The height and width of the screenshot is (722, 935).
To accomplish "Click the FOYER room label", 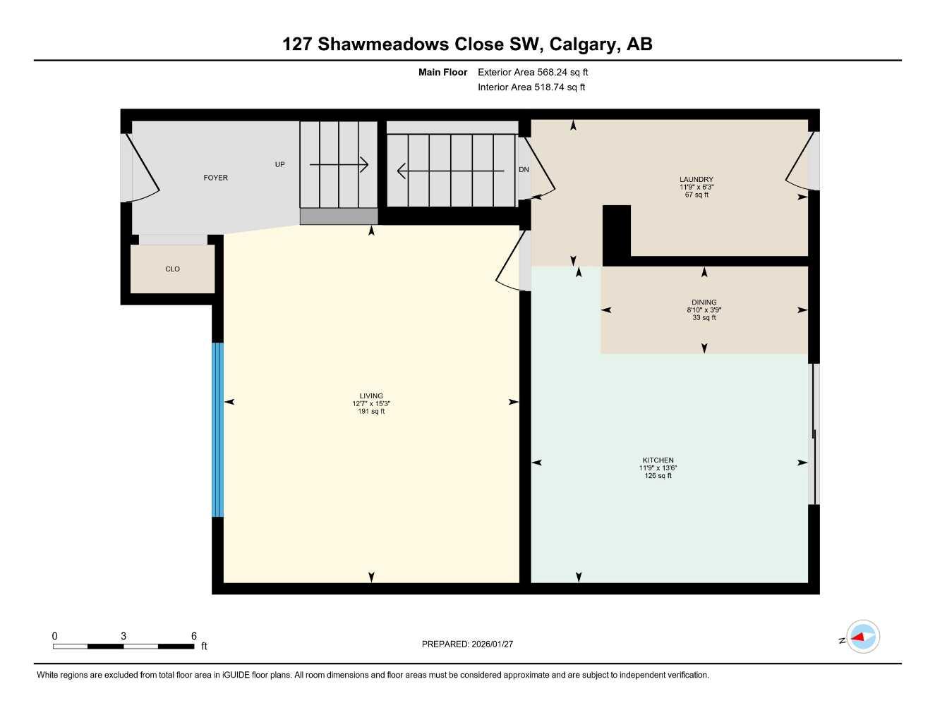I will (215, 178).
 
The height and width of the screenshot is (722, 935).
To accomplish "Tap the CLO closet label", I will (172, 269).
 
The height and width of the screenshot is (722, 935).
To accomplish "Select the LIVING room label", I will (371, 396).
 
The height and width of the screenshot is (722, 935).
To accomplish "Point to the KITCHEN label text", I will (658, 460).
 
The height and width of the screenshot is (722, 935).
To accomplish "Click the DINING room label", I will (704, 302).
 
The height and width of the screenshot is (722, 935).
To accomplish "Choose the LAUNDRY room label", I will (696, 180).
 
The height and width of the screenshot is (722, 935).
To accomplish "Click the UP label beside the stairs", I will (279, 164).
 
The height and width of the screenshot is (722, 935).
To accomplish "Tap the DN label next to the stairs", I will (524, 170).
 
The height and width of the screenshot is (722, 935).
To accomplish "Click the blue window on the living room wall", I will (218, 429).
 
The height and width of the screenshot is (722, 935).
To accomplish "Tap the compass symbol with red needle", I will (862, 637).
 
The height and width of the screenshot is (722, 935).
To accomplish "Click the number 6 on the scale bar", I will (194, 636).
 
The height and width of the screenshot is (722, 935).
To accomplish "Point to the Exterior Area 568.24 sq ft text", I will (533, 72).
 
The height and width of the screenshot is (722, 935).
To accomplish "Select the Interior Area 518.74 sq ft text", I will (531, 87).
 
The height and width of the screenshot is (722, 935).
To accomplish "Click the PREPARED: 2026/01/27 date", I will (467, 644).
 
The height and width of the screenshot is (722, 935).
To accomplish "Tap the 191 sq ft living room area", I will (371, 412).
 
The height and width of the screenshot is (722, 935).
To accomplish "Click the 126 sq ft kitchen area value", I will (658, 476).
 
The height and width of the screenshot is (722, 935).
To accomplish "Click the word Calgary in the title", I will (582, 44).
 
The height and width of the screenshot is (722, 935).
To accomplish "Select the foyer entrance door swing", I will (145, 169).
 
